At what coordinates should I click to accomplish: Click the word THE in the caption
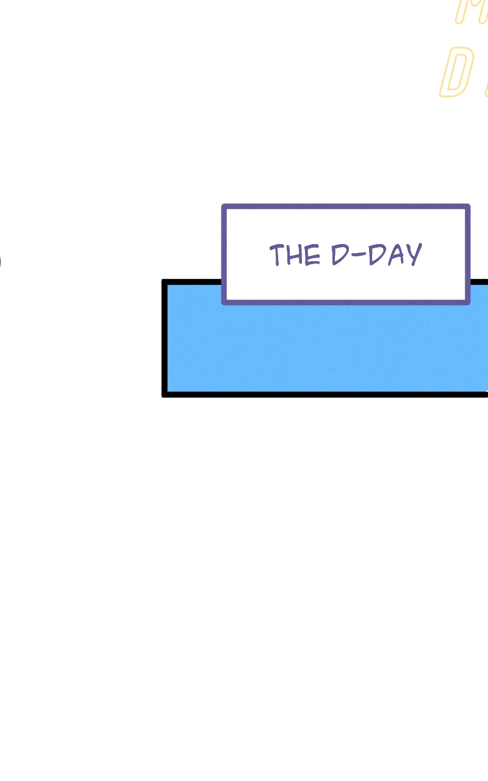coord(295,255)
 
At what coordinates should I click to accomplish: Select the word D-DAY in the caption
coord(376,255)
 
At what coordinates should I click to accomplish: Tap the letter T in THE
coord(277,254)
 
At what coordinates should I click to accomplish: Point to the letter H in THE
coord(295,255)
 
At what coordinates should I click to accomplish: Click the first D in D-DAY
coord(339,255)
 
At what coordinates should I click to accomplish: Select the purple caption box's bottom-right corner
coord(467,301)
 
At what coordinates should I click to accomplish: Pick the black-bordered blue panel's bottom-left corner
coord(165,394)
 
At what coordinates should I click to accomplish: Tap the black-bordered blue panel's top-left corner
coord(165,283)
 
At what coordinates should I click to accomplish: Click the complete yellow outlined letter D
coord(456,73)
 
